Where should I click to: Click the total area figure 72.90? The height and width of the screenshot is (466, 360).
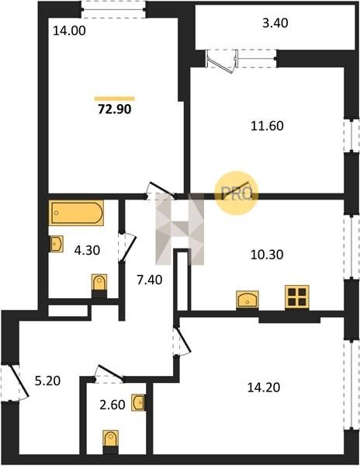[x=115, y=110]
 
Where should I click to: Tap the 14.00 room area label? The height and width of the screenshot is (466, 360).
[x=69, y=30]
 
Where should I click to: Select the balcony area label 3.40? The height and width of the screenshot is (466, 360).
[x=275, y=23]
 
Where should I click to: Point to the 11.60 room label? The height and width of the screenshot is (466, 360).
[x=267, y=126]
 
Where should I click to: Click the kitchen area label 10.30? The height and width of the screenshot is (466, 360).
[x=267, y=255]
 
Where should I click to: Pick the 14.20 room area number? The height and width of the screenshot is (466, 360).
[x=264, y=388]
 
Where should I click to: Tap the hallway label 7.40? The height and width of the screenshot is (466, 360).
[x=149, y=280]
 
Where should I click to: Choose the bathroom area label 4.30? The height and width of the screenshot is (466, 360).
[x=87, y=251]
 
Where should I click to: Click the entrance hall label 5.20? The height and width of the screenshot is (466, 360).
[x=47, y=381]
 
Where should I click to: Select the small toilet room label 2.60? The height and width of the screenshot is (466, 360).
[x=112, y=405]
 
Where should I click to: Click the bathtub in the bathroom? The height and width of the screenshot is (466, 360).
[x=77, y=213]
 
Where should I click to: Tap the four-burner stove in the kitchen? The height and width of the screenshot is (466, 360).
[x=297, y=297]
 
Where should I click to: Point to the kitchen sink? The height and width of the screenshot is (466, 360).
[x=247, y=300]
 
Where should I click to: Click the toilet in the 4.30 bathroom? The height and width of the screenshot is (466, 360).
[x=99, y=285]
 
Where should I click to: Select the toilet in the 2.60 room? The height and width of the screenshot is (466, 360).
[x=111, y=442]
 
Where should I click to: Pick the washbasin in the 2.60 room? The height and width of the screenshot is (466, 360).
[x=138, y=402]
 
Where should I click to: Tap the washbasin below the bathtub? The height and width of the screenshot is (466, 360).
[x=56, y=244]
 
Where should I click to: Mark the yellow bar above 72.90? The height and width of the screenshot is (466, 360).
[x=115, y=99]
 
